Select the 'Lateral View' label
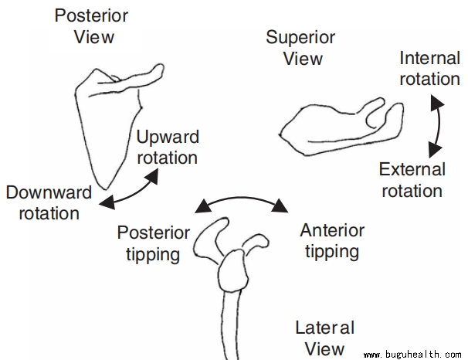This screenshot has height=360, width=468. coord(325,338)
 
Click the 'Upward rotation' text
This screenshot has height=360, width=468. coord(167,147)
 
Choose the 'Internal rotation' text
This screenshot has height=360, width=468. coord(429,68)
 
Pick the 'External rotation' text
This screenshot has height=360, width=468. coord(412,179)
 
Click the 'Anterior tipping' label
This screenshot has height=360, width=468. coord(332,240)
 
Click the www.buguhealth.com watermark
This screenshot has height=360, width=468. coord(412,354)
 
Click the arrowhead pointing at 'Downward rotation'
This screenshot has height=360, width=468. coord(107,204)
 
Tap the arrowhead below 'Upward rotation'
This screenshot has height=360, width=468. coord(152,176)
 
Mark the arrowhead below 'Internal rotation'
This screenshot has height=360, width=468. coord(438,103)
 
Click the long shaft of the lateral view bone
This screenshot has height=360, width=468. coord(229,324)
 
